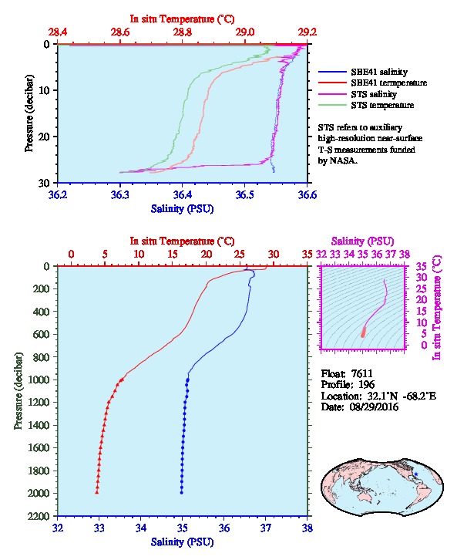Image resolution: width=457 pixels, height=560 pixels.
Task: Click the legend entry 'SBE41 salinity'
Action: pos(379,72)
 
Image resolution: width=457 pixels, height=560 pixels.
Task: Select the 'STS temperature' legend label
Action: pos(382,105)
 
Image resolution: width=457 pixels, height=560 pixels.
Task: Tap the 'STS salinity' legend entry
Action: pos(374,94)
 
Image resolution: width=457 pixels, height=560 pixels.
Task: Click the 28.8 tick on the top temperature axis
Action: pos(183,32)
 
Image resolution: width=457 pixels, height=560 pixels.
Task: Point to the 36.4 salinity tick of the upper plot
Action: pos(183,195)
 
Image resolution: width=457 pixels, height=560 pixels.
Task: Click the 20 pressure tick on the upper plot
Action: pos(44,137)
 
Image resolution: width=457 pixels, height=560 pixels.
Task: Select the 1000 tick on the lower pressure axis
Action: pos(39,380)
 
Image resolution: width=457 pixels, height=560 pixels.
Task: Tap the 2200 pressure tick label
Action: pos(39,516)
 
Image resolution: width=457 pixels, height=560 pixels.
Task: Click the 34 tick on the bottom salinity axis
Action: pos(141,528)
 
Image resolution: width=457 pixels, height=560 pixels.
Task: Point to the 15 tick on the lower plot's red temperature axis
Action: pos(173,255)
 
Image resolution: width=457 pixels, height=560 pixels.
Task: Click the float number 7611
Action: pos(361,373)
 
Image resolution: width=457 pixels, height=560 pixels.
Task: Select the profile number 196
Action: pos(366,385)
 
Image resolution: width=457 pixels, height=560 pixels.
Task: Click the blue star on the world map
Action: pos(416,474)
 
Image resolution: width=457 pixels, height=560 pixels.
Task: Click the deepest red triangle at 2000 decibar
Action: pos(96,492)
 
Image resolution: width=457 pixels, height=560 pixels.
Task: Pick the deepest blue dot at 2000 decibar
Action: pos(182,493)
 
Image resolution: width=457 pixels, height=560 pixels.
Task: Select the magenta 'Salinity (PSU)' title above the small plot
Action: pos(362,241)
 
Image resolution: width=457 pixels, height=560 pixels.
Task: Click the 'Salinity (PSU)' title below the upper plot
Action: pos(183,209)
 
